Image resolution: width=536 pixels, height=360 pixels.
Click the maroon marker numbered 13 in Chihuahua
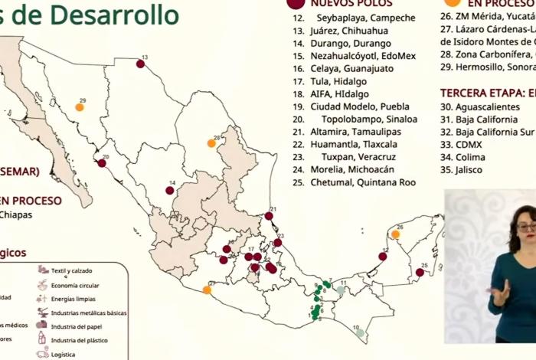140,64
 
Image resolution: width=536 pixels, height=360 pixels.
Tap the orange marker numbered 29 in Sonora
79,107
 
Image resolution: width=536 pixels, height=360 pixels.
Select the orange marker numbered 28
211,143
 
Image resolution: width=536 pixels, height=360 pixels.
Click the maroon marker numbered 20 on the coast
102,162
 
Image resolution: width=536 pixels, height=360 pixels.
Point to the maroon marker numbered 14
169,190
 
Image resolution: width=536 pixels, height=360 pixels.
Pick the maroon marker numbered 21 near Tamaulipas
269,216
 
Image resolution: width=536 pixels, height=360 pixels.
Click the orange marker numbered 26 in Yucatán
397,234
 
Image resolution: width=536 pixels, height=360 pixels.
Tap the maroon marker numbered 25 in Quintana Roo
420,272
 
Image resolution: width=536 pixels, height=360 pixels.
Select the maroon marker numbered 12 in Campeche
382,257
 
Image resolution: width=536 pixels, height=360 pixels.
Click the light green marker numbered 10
360,333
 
